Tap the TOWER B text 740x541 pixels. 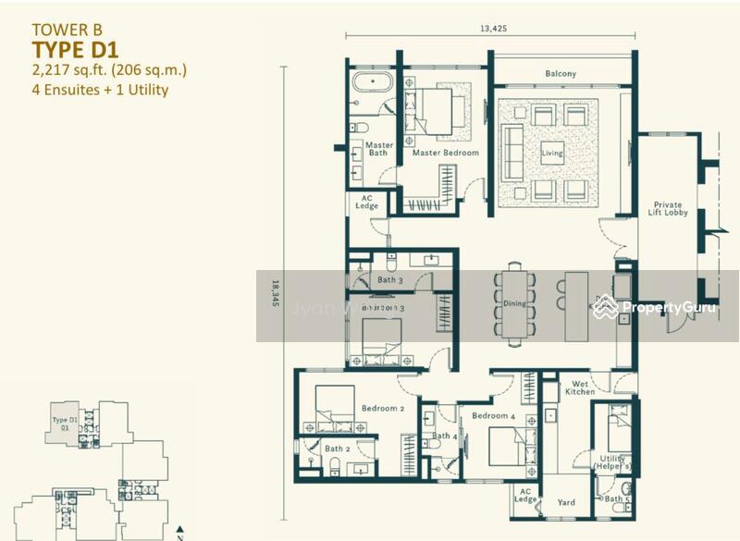(x=65, y=29)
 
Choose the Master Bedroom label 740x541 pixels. (x=446, y=153)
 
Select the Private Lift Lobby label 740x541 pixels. (x=667, y=209)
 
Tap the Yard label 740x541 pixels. (x=566, y=503)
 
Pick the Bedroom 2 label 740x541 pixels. (x=383, y=408)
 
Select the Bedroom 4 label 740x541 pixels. (x=492, y=416)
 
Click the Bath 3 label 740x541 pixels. (x=389, y=279)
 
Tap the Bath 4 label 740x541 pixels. (x=444, y=436)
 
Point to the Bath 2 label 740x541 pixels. (x=337, y=449)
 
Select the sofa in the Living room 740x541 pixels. (x=510, y=153)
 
